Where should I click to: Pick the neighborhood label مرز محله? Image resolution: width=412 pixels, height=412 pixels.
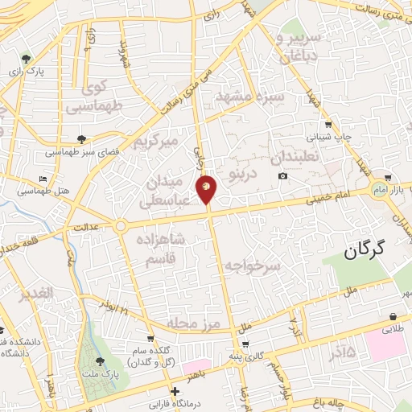[193, 323]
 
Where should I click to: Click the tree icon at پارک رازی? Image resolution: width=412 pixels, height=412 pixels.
[27, 58]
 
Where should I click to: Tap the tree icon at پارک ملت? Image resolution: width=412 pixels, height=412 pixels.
[100, 361]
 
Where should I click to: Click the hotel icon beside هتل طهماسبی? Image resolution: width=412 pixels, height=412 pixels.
[43, 178]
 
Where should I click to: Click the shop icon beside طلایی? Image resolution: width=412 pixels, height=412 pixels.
[392, 316]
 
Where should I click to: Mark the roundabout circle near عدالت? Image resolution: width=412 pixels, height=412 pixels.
[120, 225]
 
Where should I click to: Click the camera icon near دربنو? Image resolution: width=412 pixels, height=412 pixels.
[282, 176]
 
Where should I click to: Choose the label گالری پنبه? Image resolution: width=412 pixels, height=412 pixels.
[248, 355]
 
